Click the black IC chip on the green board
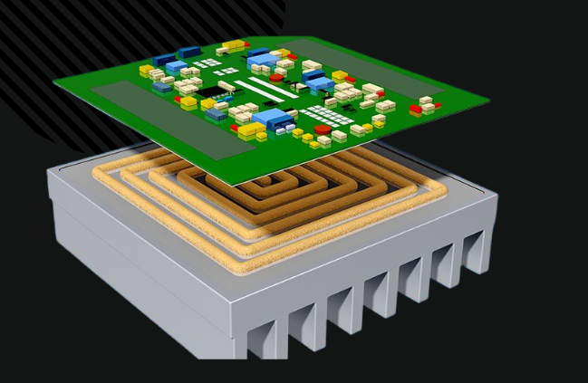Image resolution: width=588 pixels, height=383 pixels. pyautogui.click(x=210, y=91)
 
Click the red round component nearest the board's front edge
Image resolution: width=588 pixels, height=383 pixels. pyautogui.click(x=310, y=144)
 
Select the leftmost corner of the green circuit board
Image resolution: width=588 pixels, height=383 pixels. pyautogui.click(x=54, y=86)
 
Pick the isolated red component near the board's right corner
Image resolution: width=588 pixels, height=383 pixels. pyautogui.click(x=415, y=110)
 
